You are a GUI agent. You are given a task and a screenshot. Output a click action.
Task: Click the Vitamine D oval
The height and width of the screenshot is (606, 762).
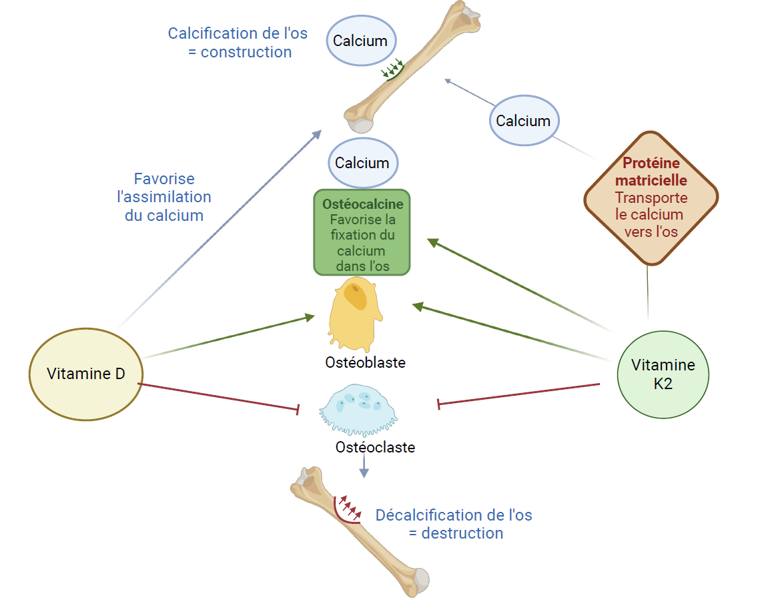[x=86, y=373]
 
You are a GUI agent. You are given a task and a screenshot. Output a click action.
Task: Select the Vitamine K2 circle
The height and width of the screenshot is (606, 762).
[x=663, y=374]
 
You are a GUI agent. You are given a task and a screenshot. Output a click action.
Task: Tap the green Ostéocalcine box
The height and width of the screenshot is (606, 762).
[x=362, y=233]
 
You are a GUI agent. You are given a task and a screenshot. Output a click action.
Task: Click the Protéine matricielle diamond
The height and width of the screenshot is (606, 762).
[x=651, y=198]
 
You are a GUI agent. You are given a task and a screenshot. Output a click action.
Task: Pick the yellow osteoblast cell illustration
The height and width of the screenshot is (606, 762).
[x=356, y=314]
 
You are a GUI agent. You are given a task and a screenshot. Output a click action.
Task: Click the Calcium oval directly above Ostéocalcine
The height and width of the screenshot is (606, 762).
[x=362, y=163]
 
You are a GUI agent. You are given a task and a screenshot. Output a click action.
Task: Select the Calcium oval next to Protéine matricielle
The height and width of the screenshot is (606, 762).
[x=523, y=121]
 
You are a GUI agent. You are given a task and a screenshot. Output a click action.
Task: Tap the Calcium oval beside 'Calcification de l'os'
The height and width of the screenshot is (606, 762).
[x=360, y=41]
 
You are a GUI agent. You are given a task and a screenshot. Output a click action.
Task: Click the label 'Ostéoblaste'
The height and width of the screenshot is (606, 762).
[x=366, y=362]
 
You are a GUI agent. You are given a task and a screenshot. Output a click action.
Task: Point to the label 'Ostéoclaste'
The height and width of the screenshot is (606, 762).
[x=375, y=447]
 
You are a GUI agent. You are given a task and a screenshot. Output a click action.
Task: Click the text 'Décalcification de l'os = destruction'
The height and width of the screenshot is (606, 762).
[x=454, y=524]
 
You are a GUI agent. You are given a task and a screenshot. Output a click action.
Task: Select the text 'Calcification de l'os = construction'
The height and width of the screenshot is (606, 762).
[x=238, y=43]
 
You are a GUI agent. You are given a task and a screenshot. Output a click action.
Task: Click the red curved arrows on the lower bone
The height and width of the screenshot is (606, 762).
[x=349, y=509]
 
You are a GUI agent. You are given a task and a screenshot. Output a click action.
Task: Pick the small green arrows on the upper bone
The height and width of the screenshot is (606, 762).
[x=393, y=69]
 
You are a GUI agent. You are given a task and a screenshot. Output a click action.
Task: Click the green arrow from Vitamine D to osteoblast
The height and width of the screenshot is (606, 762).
[x=227, y=337]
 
